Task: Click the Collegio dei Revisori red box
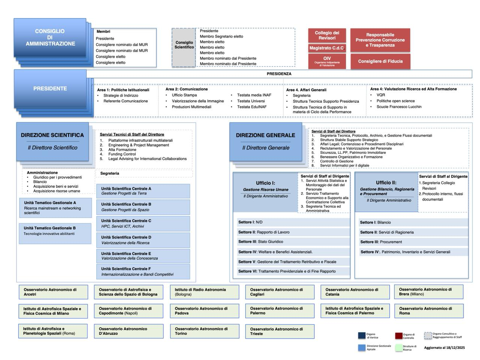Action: tap(327, 36)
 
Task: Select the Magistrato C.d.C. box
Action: tap(327, 48)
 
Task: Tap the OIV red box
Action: tap(327, 61)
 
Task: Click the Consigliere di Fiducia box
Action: tap(380, 61)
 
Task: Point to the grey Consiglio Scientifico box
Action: tap(184, 47)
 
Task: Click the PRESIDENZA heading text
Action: tap(279, 74)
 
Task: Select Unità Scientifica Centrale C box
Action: tap(143, 223)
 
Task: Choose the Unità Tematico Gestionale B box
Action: tap(55, 233)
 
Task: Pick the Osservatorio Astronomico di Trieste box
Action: tap(280, 331)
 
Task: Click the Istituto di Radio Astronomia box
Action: tap(204, 292)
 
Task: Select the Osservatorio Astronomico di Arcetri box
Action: tap(53, 292)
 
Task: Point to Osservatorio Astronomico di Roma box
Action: tap(429, 311)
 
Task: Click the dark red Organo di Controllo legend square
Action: tap(399, 336)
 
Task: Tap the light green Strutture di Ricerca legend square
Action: tap(399, 348)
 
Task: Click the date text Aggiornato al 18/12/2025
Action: tap(444, 348)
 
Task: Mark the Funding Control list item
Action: tap(122, 154)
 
